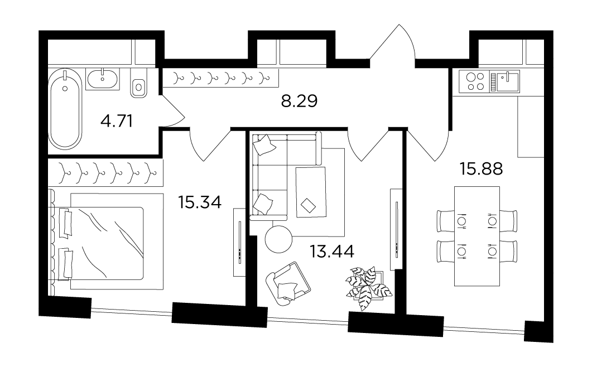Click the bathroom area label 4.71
pyautogui.click(x=117, y=122)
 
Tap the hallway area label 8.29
pyautogui.click(x=300, y=101)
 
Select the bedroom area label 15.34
pyautogui.click(x=200, y=202)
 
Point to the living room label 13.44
pyautogui.click(x=332, y=251)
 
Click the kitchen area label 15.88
pyautogui.click(x=481, y=169)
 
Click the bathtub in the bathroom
pyautogui.click(x=65, y=109)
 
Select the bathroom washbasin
pyautogui.click(x=103, y=79)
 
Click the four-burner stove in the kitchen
pyautogui.click(x=475, y=81)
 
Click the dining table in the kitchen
pyautogui.click(x=477, y=236)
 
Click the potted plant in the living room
pyautogui.click(x=368, y=287)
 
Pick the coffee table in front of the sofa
pyautogui.click(x=311, y=192)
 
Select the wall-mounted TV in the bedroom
pyautogui.click(x=239, y=243)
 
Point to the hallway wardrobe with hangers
pyautogui.click(x=220, y=78)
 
